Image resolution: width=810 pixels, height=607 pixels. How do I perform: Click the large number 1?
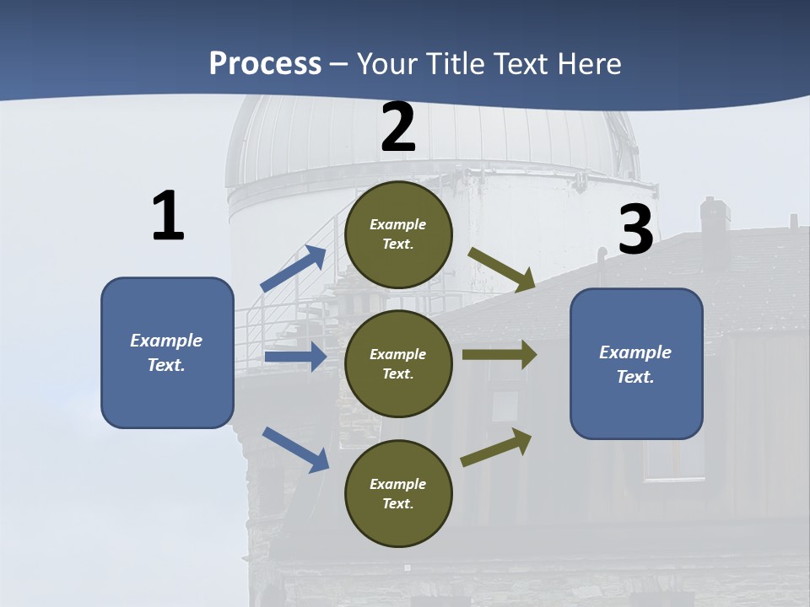(168, 216)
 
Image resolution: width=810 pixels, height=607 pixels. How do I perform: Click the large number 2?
(398, 128)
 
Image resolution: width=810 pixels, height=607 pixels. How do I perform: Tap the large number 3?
(636, 229)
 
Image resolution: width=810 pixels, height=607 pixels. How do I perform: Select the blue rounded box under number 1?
(167, 352)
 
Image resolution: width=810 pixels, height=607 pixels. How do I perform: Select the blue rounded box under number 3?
(636, 363)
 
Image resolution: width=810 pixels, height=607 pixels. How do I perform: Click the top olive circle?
(398, 234)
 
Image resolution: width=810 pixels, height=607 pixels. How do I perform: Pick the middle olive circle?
(398, 363)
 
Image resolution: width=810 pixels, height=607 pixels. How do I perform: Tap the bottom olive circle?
(398, 493)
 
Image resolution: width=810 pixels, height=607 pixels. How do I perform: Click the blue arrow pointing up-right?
(294, 268)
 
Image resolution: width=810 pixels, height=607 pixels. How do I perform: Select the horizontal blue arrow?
(295, 357)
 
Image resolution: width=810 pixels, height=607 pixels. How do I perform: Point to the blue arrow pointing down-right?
(295, 449)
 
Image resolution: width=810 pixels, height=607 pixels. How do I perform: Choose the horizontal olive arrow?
(499, 354)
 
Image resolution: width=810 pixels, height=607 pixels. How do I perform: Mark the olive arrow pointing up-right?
(496, 447)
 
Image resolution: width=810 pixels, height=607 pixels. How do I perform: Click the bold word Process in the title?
(265, 63)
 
